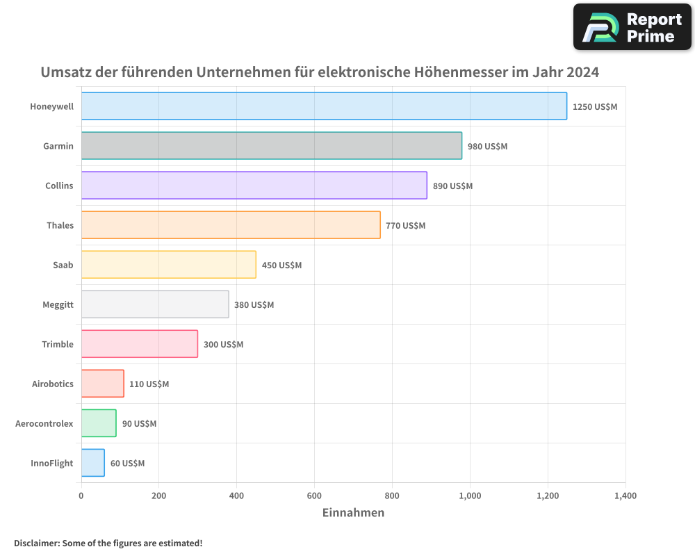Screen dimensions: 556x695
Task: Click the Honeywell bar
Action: [x=324, y=106]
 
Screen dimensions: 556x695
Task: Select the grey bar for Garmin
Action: [x=271, y=146]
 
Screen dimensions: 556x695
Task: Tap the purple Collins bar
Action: [x=254, y=186]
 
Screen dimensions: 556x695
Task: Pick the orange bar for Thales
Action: [x=231, y=225]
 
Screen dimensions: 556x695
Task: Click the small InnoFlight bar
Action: [x=93, y=463]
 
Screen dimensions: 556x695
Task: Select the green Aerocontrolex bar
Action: [x=99, y=423]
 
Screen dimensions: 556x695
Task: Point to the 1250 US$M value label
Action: [x=594, y=107]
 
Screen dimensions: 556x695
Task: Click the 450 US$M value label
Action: [x=281, y=265]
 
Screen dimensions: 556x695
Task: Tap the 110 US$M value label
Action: [x=149, y=384]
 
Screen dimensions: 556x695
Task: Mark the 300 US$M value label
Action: [x=223, y=345]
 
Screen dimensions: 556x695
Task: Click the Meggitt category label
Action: [x=58, y=304]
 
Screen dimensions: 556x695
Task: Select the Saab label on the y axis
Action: [x=63, y=265]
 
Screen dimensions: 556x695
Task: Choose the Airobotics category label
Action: [x=53, y=384]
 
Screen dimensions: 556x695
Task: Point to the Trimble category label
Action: [x=58, y=344]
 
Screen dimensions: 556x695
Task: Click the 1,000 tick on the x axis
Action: [x=470, y=496]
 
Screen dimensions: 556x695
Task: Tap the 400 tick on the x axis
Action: [x=236, y=496]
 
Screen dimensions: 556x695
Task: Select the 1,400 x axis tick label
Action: [x=625, y=496]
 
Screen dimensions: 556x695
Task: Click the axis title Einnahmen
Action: [x=353, y=513]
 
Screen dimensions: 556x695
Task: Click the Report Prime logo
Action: [x=632, y=27]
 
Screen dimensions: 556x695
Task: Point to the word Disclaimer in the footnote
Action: [x=36, y=543]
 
